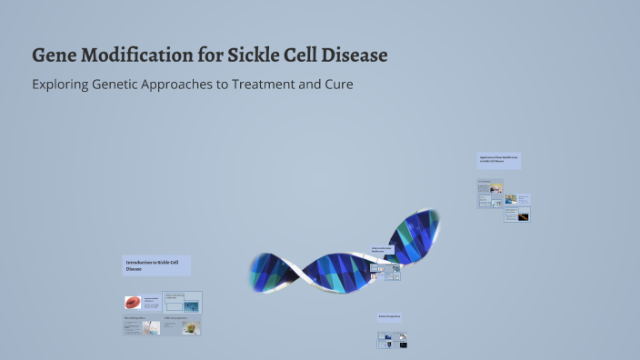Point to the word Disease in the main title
pyautogui.click(x=355, y=55)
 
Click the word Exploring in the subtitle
pyautogui.click(x=65, y=85)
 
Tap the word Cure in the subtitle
pyautogui.click(x=336, y=85)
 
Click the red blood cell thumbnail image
pyautogui.click(x=134, y=303)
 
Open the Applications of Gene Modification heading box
pyautogui.click(x=498, y=161)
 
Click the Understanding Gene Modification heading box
pyautogui.click(x=385, y=250)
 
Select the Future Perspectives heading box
pyautogui.click(x=389, y=317)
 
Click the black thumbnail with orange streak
pyautogui.click(x=523, y=215)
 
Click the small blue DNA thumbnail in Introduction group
pyautogui.click(x=191, y=306)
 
